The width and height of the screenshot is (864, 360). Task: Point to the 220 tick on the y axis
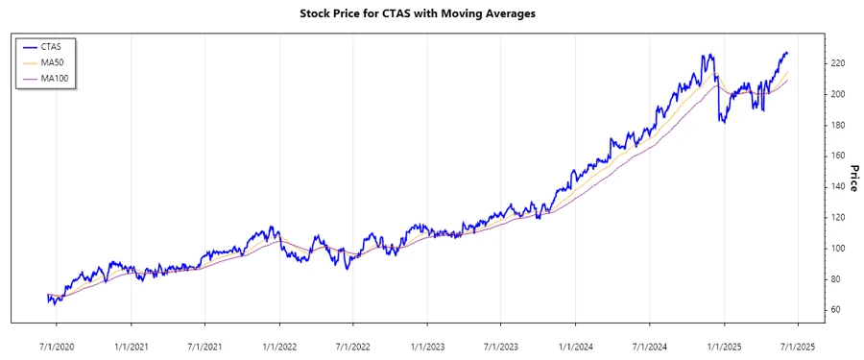pos(836,63)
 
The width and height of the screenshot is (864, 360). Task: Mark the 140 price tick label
pos(836,186)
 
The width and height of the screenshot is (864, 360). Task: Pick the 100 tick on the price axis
pos(836,248)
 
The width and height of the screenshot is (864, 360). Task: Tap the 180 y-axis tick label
pos(836,125)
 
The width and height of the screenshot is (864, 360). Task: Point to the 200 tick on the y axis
pos(836,94)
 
